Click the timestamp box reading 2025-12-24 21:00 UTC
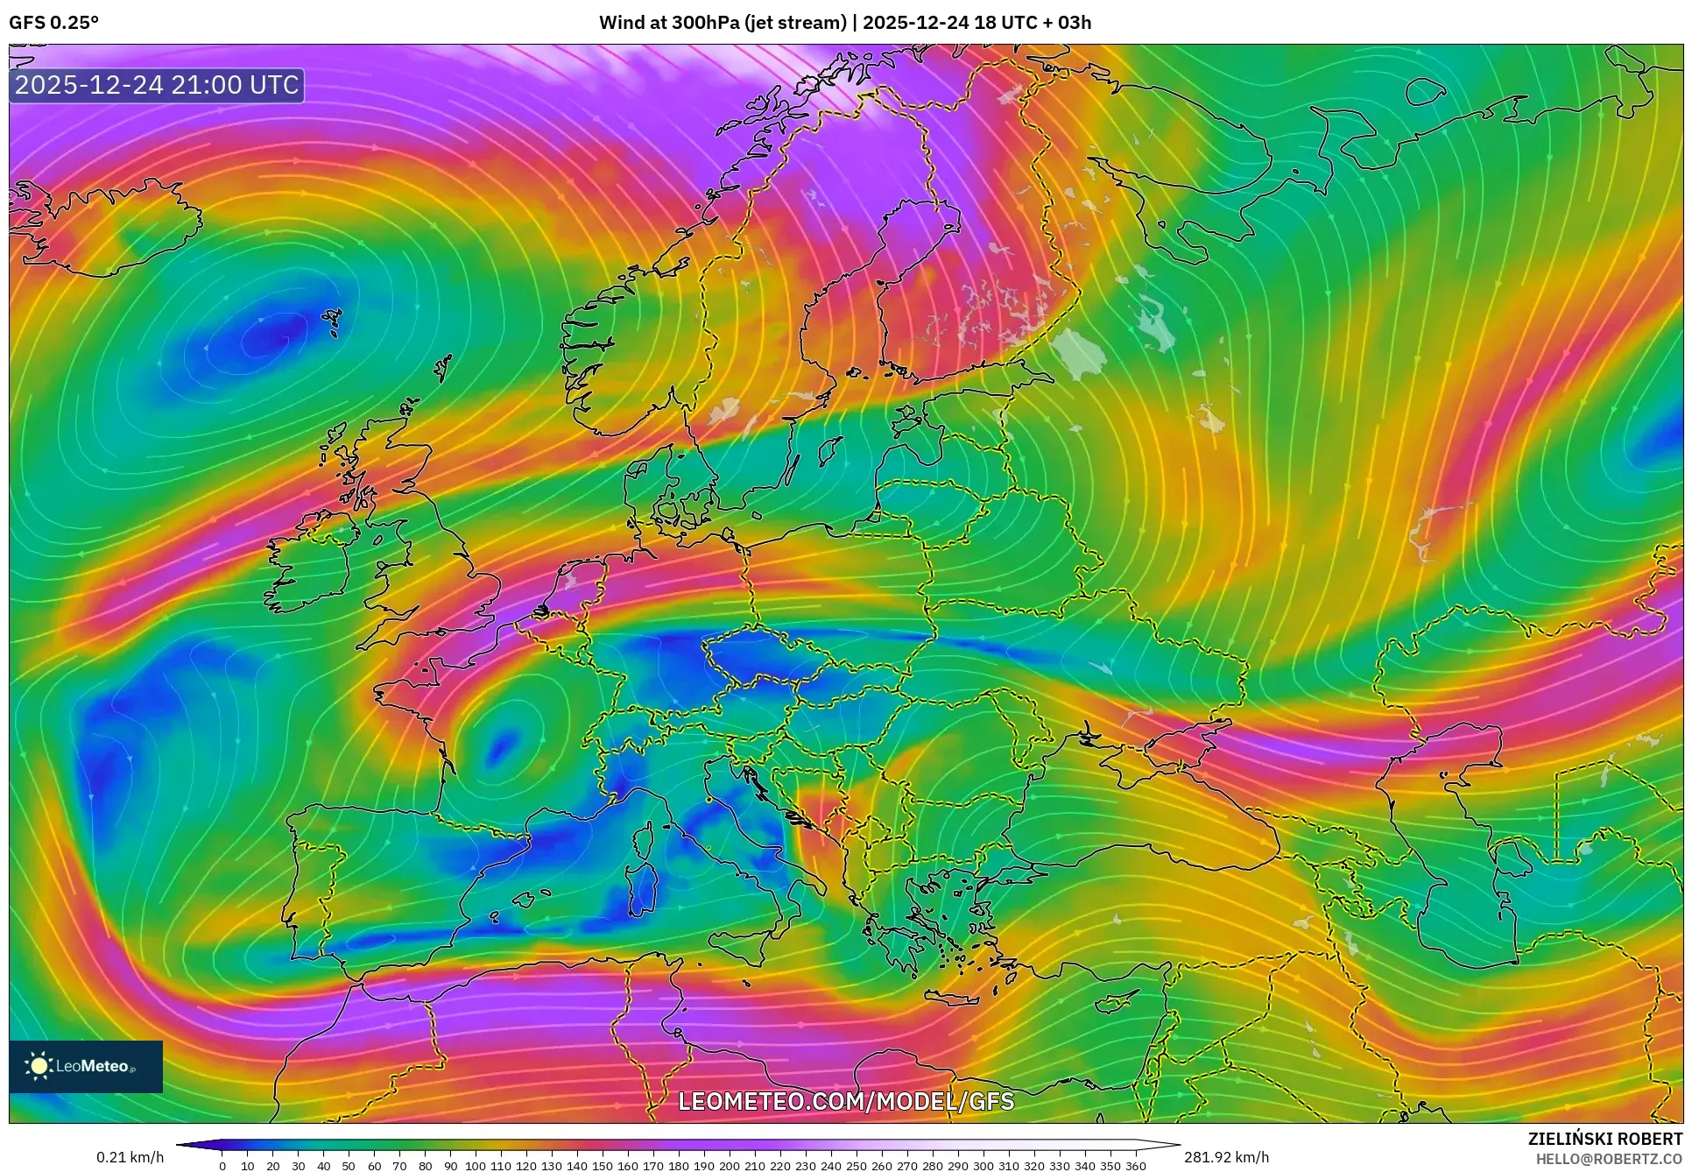[157, 85]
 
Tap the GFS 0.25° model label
[53, 23]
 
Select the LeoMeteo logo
[86, 1066]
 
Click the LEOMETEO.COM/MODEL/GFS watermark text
[846, 1101]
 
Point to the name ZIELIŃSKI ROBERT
[1604, 1140]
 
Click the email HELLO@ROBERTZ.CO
[1611, 1159]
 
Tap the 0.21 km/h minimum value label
[130, 1157]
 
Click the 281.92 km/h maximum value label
[1226, 1157]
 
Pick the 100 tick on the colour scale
[476, 1166]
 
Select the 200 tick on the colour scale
[729, 1166]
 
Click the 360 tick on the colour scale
[1135, 1166]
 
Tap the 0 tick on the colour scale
[222, 1166]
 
